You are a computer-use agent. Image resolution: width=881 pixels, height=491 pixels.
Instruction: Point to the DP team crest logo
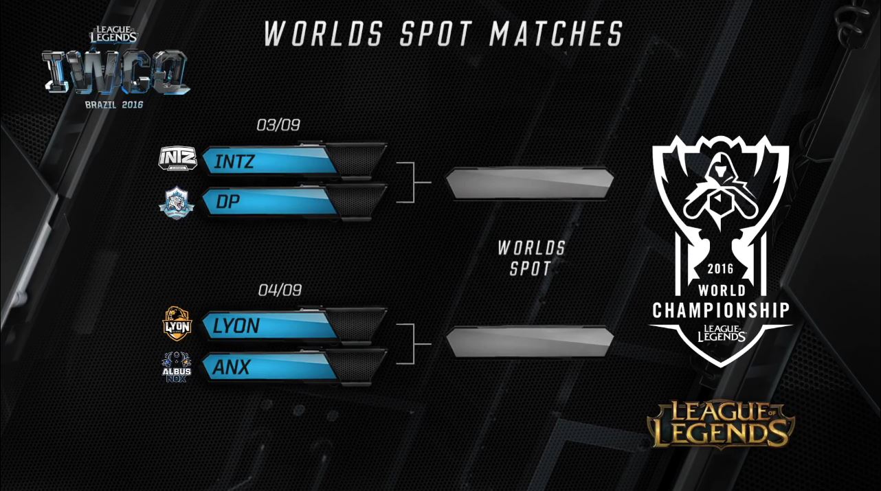pyautogui.click(x=176, y=201)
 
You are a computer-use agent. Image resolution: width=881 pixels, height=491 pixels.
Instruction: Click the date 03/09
pyautogui.click(x=278, y=125)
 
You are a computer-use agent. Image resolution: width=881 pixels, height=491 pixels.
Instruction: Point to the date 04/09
pyautogui.click(x=280, y=290)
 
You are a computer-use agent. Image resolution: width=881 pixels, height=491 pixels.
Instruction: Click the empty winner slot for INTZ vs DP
pyautogui.click(x=529, y=183)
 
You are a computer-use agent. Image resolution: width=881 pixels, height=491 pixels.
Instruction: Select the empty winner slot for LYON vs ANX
pyautogui.click(x=529, y=342)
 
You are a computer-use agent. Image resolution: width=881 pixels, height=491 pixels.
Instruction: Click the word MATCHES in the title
pyautogui.click(x=556, y=34)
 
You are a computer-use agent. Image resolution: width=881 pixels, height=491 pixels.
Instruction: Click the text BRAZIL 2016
pyautogui.click(x=114, y=105)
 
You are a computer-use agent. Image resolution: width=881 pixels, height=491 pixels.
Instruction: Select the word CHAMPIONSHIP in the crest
pyautogui.click(x=721, y=310)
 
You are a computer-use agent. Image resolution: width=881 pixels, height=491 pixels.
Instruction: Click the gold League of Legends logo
pyautogui.click(x=721, y=424)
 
